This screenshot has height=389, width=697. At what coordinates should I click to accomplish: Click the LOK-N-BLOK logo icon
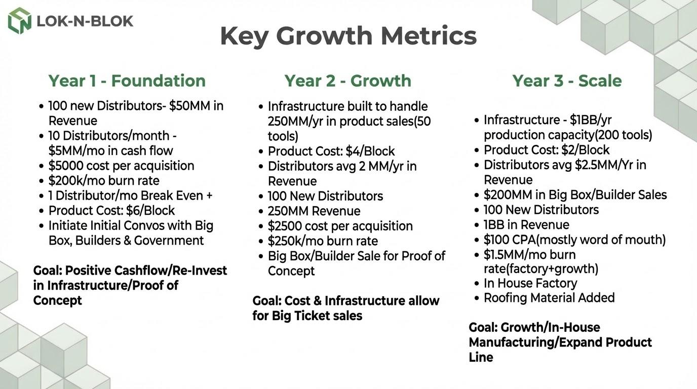point(20,21)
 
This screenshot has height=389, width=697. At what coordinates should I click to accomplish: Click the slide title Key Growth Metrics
point(348,36)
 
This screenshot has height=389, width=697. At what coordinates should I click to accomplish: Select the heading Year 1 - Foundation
point(127,81)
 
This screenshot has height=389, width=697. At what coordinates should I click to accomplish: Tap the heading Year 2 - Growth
point(347,81)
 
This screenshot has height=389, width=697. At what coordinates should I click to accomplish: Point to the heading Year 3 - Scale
point(566,81)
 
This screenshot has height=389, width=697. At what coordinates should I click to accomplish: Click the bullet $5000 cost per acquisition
point(121,166)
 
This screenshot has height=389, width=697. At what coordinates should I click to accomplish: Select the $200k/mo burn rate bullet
point(104,180)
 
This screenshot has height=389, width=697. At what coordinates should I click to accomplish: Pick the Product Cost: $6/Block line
point(111,210)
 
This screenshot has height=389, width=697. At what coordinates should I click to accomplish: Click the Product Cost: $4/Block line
point(331,151)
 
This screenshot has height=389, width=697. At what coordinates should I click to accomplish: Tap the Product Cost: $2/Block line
point(547,150)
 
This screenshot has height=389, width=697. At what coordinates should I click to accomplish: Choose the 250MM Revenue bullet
point(314,211)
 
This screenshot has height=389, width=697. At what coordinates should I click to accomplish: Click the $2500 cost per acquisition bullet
point(340,226)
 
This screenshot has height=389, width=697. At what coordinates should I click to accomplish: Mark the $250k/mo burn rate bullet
point(323,241)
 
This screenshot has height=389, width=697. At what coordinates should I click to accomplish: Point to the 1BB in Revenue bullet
point(526,224)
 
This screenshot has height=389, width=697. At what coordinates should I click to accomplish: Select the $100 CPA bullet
point(574,240)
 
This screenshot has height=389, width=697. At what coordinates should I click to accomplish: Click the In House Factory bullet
point(530,283)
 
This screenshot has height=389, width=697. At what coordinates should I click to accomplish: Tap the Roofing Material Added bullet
point(549,298)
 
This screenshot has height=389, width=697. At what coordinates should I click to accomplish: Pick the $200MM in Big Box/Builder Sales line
point(575,194)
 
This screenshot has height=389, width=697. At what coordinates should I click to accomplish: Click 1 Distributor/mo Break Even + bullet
point(130,196)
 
